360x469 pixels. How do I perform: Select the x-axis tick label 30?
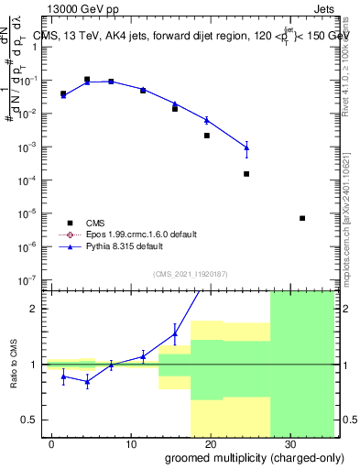pyautogui.click(x=289, y=442)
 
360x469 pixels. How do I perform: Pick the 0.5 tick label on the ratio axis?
pyautogui.click(x=30, y=420)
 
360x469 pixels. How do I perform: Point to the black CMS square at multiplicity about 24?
pyautogui.click(x=246, y=174)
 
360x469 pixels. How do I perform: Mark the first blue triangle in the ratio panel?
pyautogui.click(x=63, y=376)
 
